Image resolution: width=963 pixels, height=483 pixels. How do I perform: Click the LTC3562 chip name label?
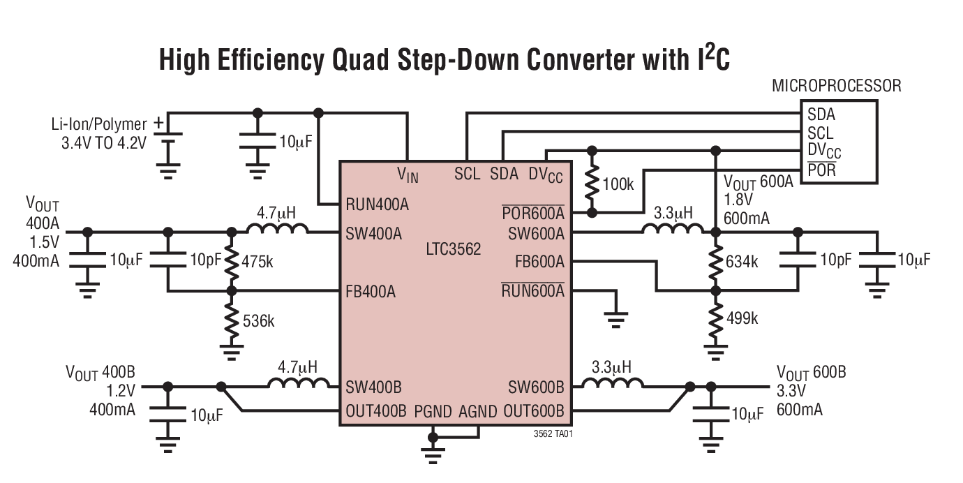pos(453,249)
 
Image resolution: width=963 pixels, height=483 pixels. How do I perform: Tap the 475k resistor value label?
pos(257,261)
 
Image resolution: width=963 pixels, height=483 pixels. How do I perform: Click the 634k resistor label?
pos(742,262)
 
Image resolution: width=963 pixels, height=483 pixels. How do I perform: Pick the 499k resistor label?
pos(742,318)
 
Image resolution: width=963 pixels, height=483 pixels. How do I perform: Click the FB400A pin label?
pos(371,292)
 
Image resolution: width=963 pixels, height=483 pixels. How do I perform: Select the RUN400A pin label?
pos(377,205)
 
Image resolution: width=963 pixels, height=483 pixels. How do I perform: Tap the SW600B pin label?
pos(536,387)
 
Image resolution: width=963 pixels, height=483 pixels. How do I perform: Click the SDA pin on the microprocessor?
pos(821,114)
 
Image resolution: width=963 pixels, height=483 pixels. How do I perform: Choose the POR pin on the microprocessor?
pos(821,170)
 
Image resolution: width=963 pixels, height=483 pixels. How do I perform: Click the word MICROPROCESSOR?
pos(836,86)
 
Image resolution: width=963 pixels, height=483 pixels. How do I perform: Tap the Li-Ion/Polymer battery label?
pos(98,124)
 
